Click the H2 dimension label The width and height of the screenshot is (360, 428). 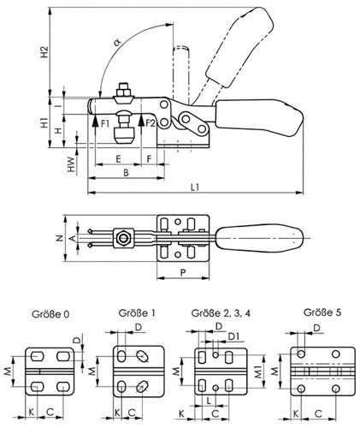pyautogui.click(x=44, y=52)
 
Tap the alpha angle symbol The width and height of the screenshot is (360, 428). pyautogui.click(x=117, y=43)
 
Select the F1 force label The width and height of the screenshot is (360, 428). pyautogui.click(x=105, y=123)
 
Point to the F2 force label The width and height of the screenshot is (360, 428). pyautogui.click(x=150, y=123)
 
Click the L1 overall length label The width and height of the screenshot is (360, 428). pyautogui.click(x=195, y=187)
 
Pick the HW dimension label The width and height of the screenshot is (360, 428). pyautogui.click(x=71, y=164)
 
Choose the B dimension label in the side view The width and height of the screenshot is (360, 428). pyautogui.click(x=126, y=172)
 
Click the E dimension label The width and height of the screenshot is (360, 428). pyautogui.click(x=118, y=158)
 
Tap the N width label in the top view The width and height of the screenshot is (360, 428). pyautogui.click(x=60, y=238)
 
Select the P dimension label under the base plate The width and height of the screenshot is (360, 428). pyautogui.click(x=183, y=272)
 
